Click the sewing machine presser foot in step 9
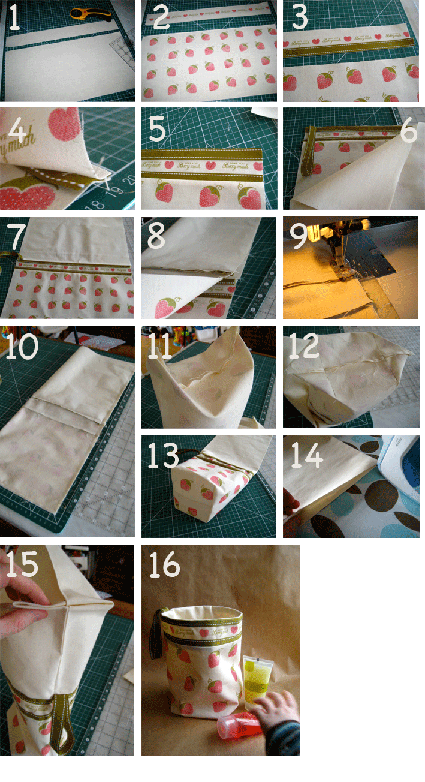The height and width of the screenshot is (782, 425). pyautogui.click(x=339, y=264)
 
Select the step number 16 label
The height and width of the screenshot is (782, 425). pyautogui.click(x=164, y=565)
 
